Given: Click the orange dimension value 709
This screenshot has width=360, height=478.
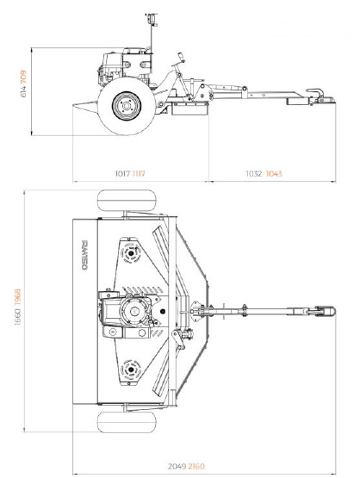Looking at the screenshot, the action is [x=23, y=78].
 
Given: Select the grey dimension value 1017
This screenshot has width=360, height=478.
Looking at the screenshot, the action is [x=122, y=174].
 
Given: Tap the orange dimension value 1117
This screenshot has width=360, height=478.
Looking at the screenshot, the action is [x=139, y=174].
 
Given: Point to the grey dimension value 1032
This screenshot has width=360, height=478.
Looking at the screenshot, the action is [x=254, y=174].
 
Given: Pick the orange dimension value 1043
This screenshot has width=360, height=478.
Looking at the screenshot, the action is [x=274, y=174].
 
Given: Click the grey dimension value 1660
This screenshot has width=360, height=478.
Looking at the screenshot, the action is [x=17, y=317].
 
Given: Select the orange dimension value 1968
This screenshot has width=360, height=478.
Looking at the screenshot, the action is [x=17, y=297].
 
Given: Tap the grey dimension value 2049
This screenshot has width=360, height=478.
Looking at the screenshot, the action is [x=177, y=467].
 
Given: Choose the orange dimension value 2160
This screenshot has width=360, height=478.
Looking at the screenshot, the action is [x=196, y=467].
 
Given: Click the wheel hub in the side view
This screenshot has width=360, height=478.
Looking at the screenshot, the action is [x=127, y=106].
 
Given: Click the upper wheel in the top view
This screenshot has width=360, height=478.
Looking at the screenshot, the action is [x=127, y=201].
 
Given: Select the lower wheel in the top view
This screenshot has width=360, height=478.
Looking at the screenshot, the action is [x=127, y=422].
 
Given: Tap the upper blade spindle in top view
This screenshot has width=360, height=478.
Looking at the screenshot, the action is [x=131, y=253].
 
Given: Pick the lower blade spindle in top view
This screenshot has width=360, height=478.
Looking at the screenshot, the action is [x=131, y=369].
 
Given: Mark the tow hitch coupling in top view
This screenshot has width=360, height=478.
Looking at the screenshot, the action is [x=325, y=311].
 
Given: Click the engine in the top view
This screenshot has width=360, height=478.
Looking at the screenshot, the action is [x=128, y=314].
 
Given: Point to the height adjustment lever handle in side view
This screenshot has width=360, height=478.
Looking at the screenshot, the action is [x=181, y=58].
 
